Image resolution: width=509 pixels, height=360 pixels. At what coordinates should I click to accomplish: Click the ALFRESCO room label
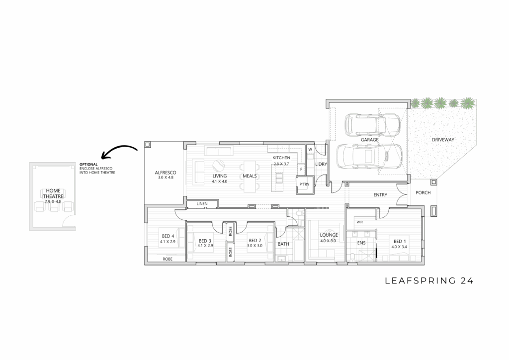pyautogui.click(x=166, y=173)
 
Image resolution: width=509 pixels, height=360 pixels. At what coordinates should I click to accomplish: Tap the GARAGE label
pyautogui.click(x=369, y=140)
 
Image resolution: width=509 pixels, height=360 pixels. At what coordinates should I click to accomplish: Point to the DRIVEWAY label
pyautogui.click(x=443, y=140)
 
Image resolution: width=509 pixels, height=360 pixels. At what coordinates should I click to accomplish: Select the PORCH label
pyautogui.click(x=423, y=192)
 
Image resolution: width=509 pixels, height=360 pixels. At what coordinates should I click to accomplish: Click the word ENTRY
pyautogui.click(x=380, y=195)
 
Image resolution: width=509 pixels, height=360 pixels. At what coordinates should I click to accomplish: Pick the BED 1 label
pyautogui.click(x=400, y=241)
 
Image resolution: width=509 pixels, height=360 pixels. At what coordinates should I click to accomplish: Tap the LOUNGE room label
pyautogui.click(x=329, y=235)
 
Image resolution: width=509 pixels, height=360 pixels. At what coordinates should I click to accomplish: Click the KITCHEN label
pyautogui.click(x=281, y=158)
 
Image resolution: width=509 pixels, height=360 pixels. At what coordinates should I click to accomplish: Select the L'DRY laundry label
pyautogui.click(x=321, y=164)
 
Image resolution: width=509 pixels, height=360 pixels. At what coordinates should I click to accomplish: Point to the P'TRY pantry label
pyautogui.click(x=304, y=184)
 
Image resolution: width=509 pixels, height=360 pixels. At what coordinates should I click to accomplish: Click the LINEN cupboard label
pyautogui.click(x=202, y=204)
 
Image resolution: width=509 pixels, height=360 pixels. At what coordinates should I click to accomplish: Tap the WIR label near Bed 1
pyautogui.click(x=360, y=222)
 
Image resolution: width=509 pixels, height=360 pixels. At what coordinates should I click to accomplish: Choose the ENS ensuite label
pyautogui.click(x=361, y=243)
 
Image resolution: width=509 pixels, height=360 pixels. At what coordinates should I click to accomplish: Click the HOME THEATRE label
pyautogui.click(x=53, y=193)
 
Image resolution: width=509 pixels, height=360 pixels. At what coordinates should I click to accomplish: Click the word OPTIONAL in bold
pyautogui.click(x=88, y=165)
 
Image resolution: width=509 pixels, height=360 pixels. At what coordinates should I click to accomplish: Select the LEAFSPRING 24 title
pyautogui.click(x=429, y=281)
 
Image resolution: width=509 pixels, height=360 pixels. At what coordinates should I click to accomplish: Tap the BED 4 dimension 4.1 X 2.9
pyautogui.click(x=168, y=242)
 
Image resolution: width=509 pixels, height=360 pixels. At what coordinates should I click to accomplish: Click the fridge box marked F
pyautogui.click(x=301, y=169)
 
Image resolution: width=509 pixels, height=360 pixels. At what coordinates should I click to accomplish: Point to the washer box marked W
pyautogui.click(x=310, y=150)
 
